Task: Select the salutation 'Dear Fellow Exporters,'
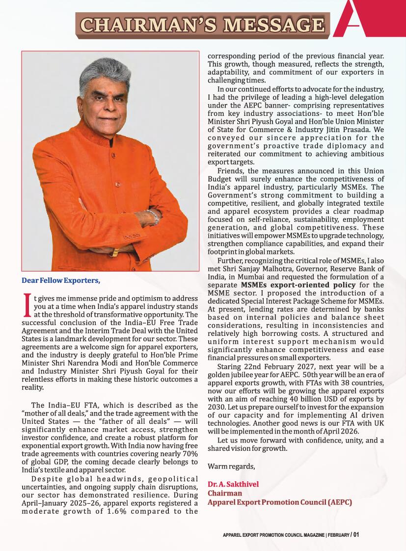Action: pyautogui.click(x=61, y=281)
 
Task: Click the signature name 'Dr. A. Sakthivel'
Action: pyautogui.click(x=233, y=484)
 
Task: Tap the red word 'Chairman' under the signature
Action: pyautogui.click(x=225, y=493)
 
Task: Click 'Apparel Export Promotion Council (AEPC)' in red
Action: pyautogui.click(x=280, y=502)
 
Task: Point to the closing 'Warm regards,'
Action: pyautogui.click(x=231, y=466)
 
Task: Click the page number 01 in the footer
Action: pyautogui.click(x=356, y=534)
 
